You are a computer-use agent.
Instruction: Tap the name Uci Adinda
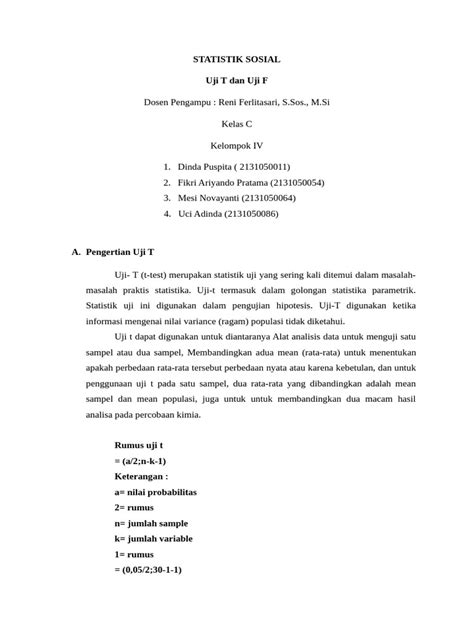pyautogui.click(x=199, y=213)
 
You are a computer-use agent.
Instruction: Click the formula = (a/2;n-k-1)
pyautogui.click(x=141, y=461)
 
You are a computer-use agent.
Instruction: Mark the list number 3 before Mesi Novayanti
pyautogui.click(x=164, y=198)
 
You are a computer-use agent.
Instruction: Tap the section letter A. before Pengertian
pyautogui.click(x=76, y=253)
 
